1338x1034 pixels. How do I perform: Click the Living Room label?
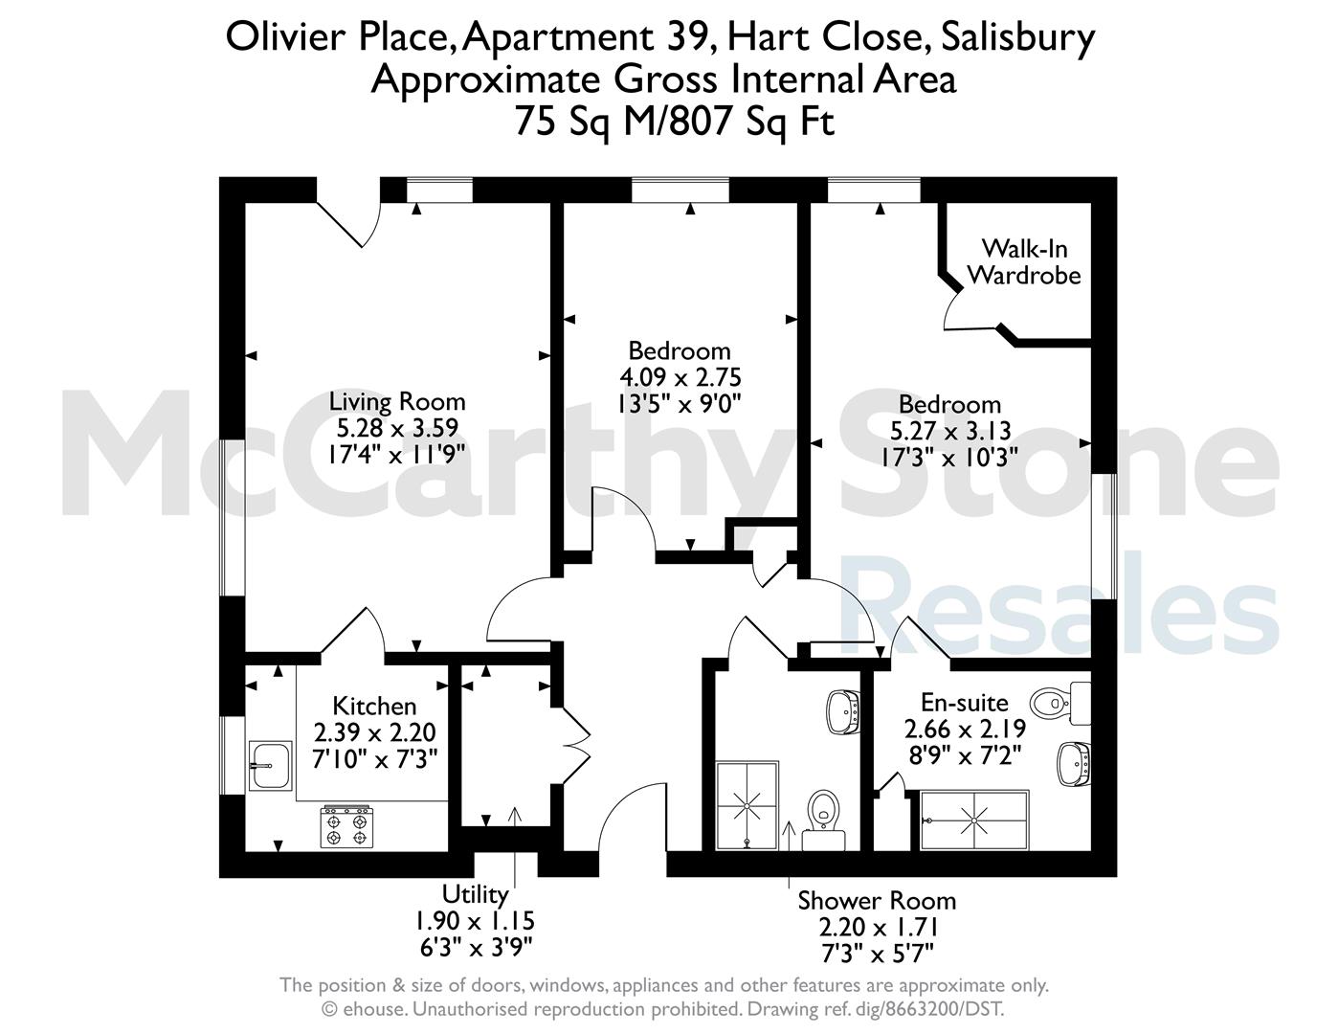397,401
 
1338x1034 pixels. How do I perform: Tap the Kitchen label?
374,706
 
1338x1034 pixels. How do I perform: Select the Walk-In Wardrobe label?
1024,261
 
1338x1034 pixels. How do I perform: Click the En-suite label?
964,702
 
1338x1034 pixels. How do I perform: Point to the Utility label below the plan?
476,894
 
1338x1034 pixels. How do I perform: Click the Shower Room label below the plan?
877,901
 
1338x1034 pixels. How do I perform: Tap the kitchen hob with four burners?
346,826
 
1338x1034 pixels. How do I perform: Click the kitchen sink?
270,766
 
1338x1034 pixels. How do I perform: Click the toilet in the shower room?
824,820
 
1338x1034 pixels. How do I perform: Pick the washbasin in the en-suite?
1075,764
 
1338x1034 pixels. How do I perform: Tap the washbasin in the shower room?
843,712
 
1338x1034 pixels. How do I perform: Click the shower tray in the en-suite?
974,820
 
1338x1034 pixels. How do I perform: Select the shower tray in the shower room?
747,806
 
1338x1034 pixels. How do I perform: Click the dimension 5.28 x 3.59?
397,428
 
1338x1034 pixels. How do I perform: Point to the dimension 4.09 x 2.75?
680,377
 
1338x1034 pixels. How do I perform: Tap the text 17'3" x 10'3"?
949,457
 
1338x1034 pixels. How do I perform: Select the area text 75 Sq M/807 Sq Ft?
675,122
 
